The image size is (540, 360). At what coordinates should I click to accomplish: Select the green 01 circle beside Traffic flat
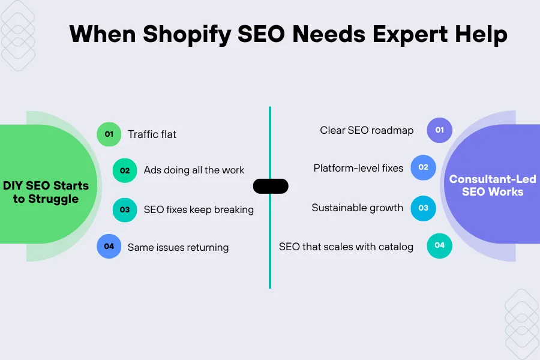click(x=109, y=134)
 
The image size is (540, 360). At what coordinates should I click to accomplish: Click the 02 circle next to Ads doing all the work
click(x=125, y=170)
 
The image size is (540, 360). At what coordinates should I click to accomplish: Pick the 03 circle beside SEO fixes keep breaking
click(x=125, y=209)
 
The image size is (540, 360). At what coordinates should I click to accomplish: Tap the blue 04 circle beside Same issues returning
click(x=109, y=246)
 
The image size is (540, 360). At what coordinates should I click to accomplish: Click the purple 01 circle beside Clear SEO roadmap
click(x=439, y=130)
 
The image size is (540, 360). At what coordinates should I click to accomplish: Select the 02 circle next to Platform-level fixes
click(x=423, y=168)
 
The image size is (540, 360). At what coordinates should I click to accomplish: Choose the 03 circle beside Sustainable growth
click(x=423, y=208)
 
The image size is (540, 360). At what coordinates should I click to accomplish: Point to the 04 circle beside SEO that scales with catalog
click(x=439, y=245)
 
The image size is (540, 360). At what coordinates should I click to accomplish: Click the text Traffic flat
click(x=152, y=134)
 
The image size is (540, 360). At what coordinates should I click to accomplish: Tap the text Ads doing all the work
click(x=194, y=170)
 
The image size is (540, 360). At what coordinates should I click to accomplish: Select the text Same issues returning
click(x=178, y=247)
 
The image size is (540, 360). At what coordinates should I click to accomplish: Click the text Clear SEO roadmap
click(x=367, y=130)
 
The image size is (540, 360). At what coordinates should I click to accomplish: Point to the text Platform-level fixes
click(x=358, y=168)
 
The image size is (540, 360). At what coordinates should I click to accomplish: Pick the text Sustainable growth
click(x=358, y=208)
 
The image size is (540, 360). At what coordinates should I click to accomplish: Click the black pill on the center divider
click(x=271, y=186)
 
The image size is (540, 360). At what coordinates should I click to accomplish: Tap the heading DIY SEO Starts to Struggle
click(x=46, y=191)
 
